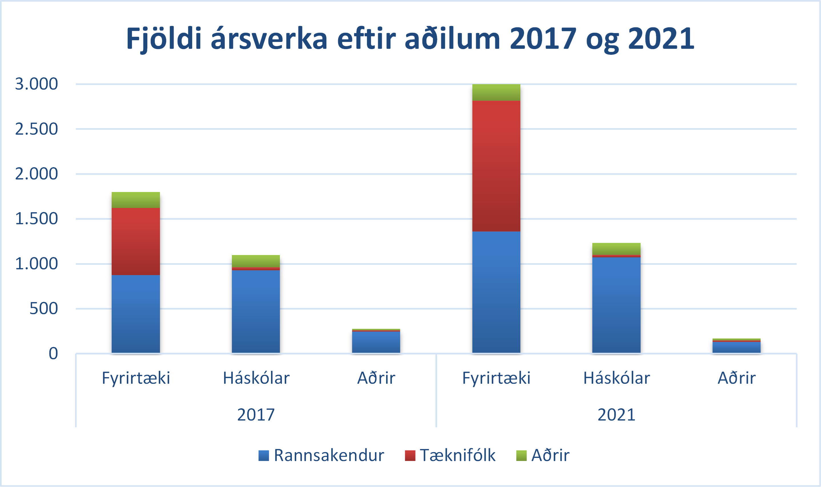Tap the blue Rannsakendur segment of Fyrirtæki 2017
click(x=136, y=314)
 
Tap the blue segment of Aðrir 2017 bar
click(x=376, y=342)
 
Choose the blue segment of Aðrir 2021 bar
click(x=736, y=347)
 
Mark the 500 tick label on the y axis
click(x=43, y=309)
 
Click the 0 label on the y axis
click(x=53, y=354)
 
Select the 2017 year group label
click(x=256, y=415)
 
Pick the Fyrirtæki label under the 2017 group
click(x=136, y=378)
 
